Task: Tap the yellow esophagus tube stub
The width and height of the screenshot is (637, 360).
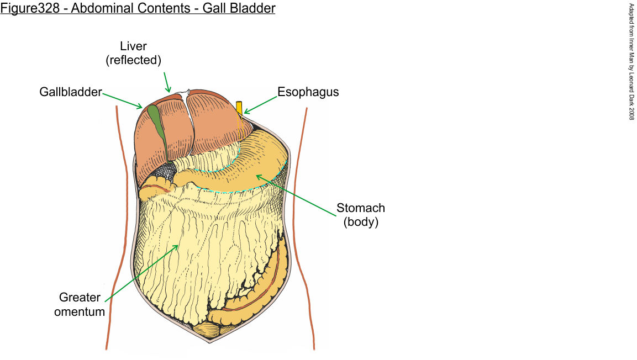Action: coord(239,108)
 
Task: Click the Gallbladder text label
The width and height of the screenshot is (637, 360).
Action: coord(71,92)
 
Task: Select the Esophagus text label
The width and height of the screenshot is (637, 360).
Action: coord(308,92)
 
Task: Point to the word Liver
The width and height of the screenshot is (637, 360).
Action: coord(133,46)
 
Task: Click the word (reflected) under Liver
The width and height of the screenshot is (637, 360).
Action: coord(133,60)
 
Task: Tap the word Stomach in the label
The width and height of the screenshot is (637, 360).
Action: coord(361,209)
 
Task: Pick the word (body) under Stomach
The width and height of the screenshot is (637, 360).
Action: coord(361,223)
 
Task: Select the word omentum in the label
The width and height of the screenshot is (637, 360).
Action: coord(83,311)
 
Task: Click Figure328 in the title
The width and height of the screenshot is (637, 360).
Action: coord(30,9)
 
